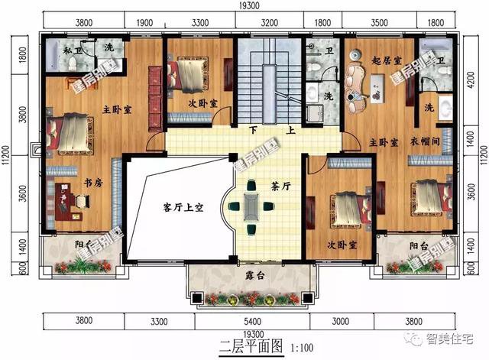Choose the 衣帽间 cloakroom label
click(x=432, y=141)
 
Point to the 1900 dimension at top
click(x=144, y=22)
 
